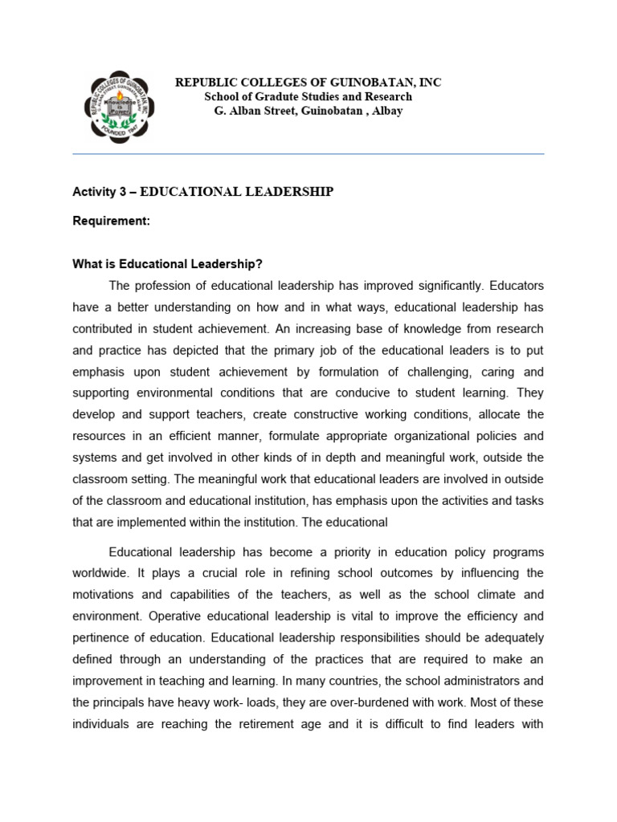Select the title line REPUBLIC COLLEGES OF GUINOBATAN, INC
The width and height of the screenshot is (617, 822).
point(308,83)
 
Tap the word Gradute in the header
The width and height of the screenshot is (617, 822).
point(276,96)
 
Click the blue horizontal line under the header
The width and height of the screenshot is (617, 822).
point(308,153)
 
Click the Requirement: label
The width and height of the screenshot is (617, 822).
point(111,221)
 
